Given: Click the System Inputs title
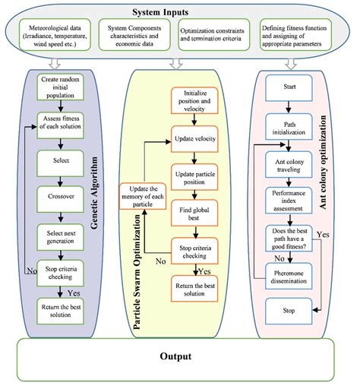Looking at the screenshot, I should point(181,11).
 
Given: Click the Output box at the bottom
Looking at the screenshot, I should point(180,356).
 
